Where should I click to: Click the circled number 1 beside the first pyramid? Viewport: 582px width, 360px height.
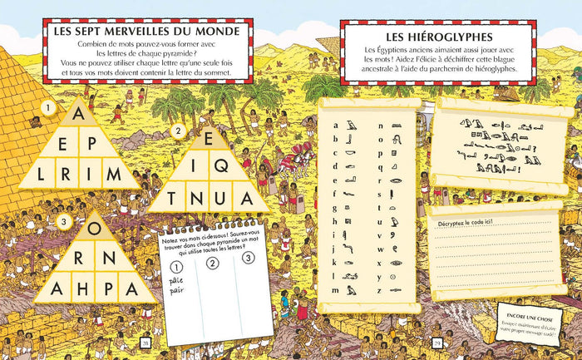[50, 108]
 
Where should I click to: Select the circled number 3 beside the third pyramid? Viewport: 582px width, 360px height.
[64, 219]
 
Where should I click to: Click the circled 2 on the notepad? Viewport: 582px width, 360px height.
[212, 265]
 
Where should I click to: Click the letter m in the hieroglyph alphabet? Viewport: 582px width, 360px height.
[334, 290]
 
